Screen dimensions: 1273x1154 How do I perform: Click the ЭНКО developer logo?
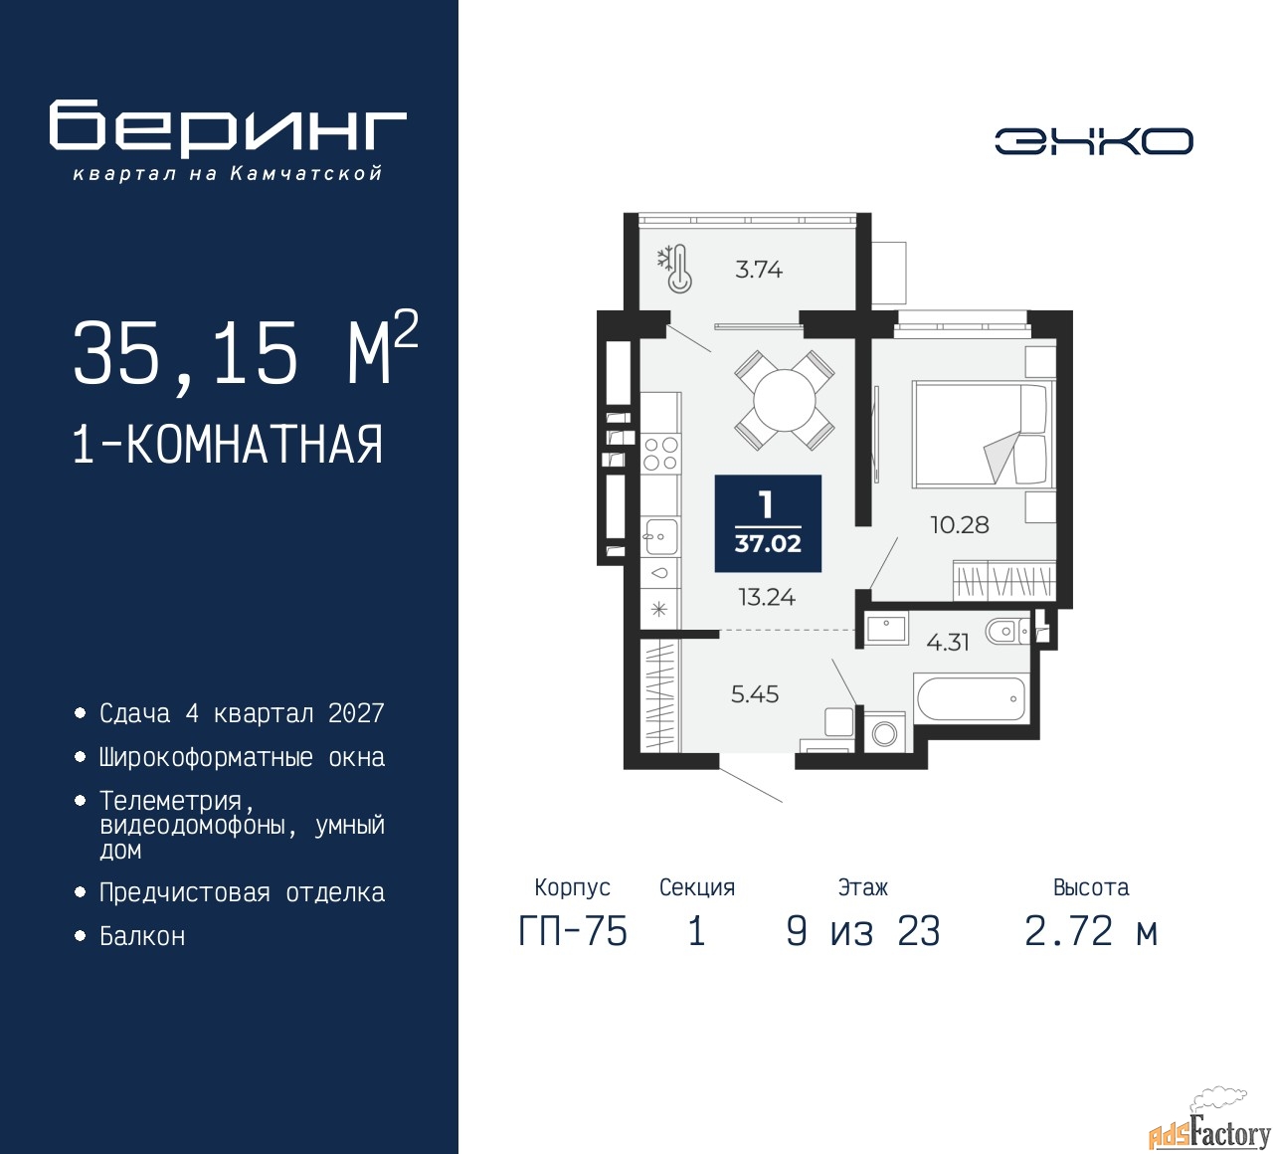pyautogui.click(x=1093, y=141)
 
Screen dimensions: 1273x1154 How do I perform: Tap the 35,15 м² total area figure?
pyautogui.click(x=246, y=350)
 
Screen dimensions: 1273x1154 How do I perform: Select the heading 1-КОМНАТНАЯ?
pyautogui.click(x=228, y=445)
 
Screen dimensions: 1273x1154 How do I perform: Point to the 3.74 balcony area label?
pyautogui.click(x=759, y=270)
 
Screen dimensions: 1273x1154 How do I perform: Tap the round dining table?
pyautogui.click(x=785, y=401)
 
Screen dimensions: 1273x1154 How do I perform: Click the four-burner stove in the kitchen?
pyautogui.click(x=660, y=454)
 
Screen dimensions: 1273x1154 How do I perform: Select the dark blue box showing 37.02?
pyautogui.click(x=768, y=523)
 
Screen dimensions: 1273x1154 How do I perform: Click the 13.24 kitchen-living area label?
pyautogui.click(x=767, y=597)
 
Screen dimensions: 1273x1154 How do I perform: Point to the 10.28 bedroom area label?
pyautogui.click(x=960, y=525)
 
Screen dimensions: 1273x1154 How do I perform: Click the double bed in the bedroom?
pyautogui.click(x=983, y=434)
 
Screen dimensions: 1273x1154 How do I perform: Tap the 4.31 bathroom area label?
pyautogui.click(x=948, y=643)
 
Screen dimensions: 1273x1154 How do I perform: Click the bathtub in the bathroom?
pyautogui.click(x=970, y=697)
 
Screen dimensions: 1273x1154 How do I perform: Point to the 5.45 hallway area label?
pyautogui.click(x=755, y=694)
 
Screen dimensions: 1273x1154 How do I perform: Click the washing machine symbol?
pyautogui.click(x=884, y=734)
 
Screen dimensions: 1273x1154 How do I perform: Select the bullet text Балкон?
pyautogui.click(x=142, y=936)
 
